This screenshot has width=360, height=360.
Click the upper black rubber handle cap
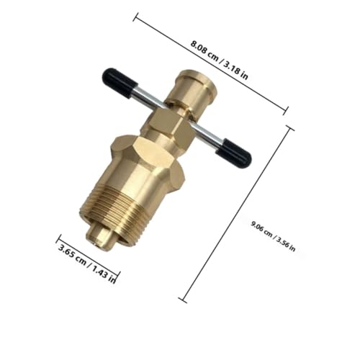[120, 83]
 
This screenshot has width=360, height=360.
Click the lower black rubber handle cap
[233, 153]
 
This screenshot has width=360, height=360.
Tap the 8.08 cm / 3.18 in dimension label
[219, 60]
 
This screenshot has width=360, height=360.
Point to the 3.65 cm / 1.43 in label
[87, 264]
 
